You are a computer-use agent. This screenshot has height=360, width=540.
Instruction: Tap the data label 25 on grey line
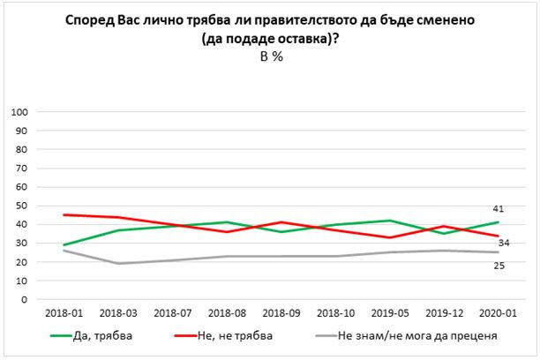tap(498, 266)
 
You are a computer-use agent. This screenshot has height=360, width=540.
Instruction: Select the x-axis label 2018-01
tap(64, 312)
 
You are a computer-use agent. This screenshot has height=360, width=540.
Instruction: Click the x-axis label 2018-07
tap(172, 312)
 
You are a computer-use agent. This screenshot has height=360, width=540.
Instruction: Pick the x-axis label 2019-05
tap(388, 312)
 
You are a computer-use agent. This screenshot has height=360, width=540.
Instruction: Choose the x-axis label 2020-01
tap(496, 312)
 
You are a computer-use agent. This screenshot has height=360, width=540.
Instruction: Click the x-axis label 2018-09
tap(281, 312)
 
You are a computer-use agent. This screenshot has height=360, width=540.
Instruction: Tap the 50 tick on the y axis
tap(25, 206)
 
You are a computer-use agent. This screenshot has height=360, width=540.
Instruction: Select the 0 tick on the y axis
tap(27, 299)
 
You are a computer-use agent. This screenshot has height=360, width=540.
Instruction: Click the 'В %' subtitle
tap(270, 55)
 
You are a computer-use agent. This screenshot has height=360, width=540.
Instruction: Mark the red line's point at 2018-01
tap(64, 214)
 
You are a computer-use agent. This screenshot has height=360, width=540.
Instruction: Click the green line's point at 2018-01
tap(64, 244)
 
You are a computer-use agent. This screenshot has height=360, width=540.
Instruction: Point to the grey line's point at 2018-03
tap(118, 264)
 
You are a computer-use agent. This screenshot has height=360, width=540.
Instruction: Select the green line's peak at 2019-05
tap(388, 221)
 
